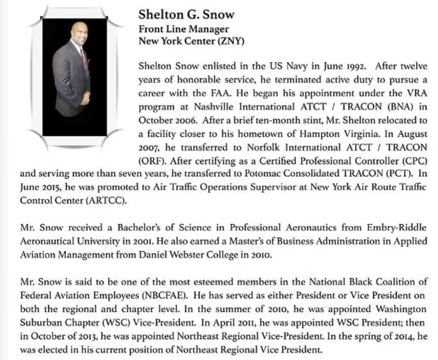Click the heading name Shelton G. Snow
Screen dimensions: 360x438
click(x=186, y=15)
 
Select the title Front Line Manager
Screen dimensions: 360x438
click(x=184, y=29)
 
